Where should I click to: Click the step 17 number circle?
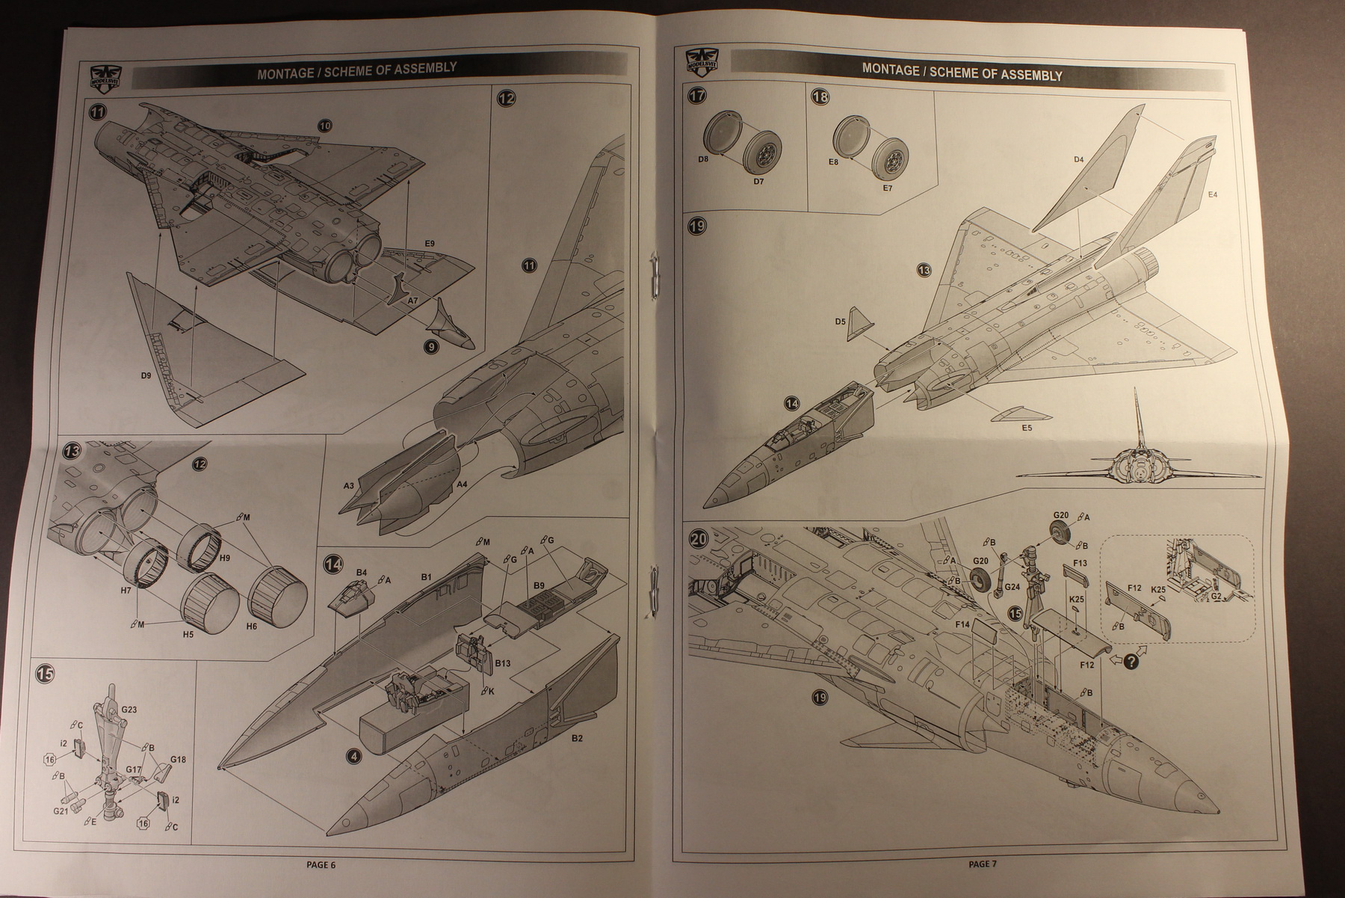697,96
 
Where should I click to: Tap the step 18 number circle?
820,98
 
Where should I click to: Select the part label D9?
146,375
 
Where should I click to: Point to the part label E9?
429,244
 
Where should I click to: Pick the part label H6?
251,626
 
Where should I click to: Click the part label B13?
502,662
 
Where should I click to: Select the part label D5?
840,322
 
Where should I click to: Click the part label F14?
962,623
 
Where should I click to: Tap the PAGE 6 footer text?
321,864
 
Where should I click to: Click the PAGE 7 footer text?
983,864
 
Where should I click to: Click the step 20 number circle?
697,540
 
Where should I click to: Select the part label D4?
1078,159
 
